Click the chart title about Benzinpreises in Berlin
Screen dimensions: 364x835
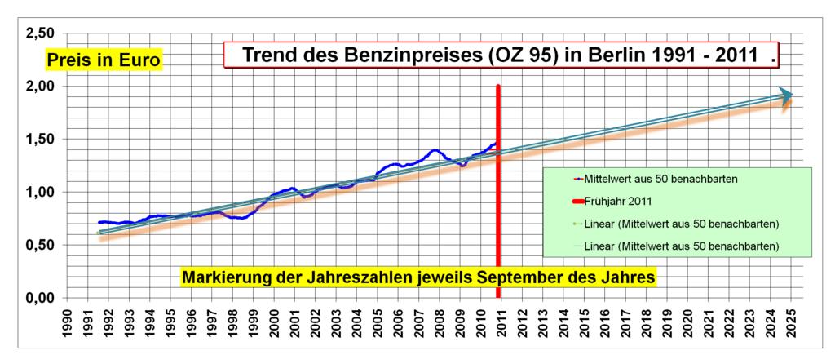pyautogui.click(x=501, y=56)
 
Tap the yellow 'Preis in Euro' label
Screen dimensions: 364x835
pyautogui.click(x=104, y=61)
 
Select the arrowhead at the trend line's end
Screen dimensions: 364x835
pyautogui.click(x=784, y=95)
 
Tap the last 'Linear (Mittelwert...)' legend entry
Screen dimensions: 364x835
pyautogui.click(x=678, y=246)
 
